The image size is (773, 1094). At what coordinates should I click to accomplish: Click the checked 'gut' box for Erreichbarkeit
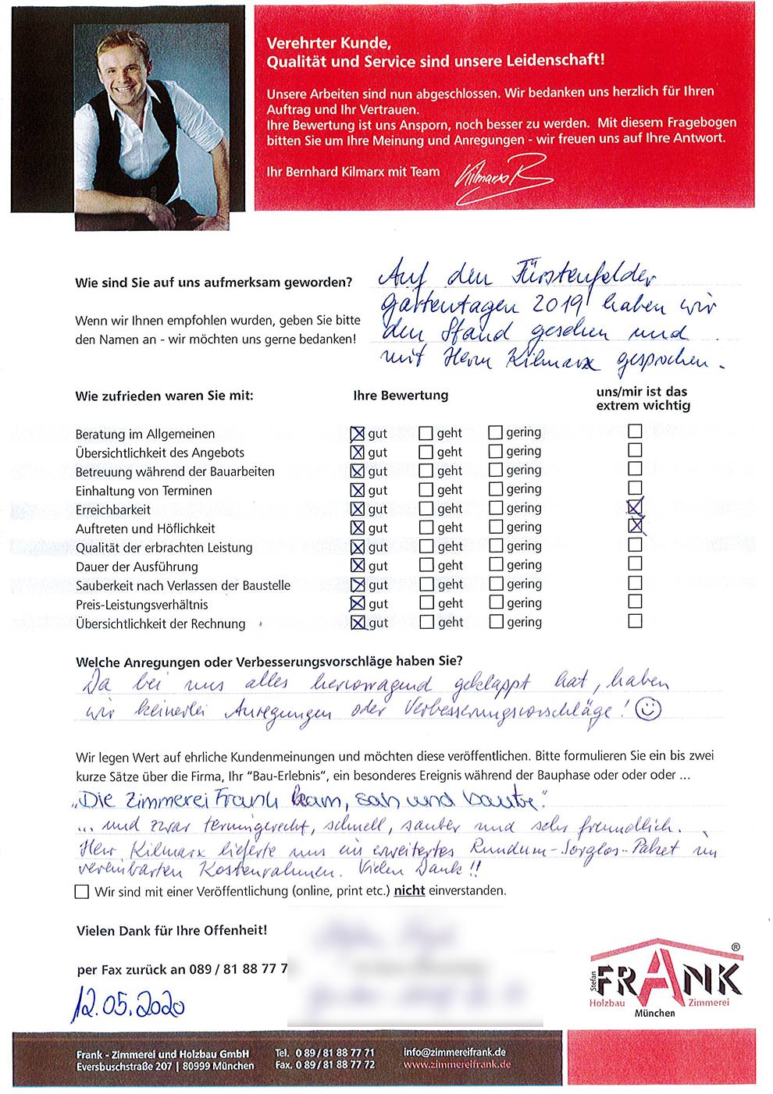click(x=358, y=509)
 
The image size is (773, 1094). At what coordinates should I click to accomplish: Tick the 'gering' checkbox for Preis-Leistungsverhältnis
click(x=496, y=602)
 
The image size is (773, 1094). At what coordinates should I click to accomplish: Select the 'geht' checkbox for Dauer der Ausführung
click(x=426, y=565)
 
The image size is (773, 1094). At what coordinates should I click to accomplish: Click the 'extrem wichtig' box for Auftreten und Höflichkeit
click(x=636, y=526)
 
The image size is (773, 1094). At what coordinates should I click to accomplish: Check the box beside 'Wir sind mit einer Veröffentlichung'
click(x=82, y=891)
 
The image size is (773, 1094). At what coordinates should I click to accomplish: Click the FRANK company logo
click(x=664, y=979)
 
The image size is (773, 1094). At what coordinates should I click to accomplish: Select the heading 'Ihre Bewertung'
click(x=401, y=395)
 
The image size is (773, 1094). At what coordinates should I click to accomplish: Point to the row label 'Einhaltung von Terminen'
click(x=144, y=491)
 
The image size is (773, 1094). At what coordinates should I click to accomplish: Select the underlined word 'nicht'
click(x=409, y=890)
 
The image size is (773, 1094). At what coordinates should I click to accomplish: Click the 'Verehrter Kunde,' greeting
click(x=329, y=44)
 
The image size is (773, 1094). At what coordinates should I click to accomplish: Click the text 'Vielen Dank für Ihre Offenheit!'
click(x=172, y=930)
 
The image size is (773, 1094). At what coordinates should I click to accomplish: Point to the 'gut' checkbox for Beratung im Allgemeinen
click(x=358, y=433)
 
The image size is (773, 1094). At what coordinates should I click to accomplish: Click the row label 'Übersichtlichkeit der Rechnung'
click(x=160, y=623)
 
